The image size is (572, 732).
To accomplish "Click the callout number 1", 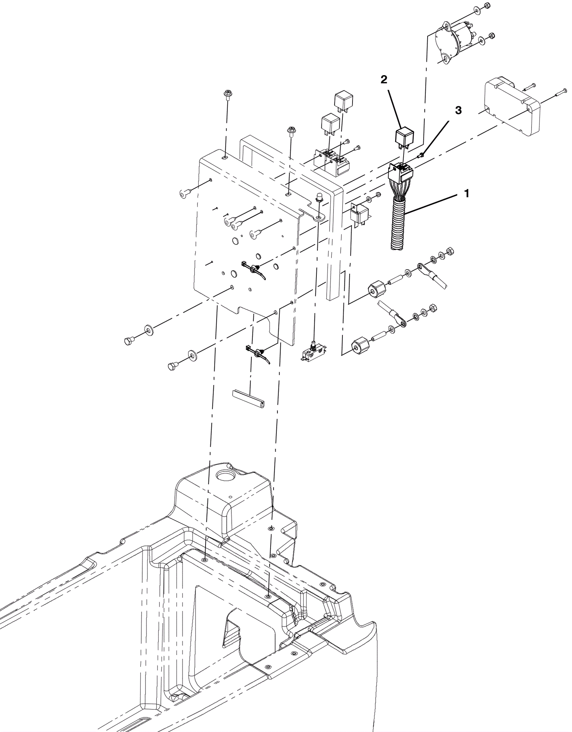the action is click(x=467, y=194).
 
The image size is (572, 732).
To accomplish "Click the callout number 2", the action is click(x=384, y=79).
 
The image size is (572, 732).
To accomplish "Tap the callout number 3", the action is click(x=458, y=110).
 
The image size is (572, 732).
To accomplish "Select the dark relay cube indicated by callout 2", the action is click(x=404, y=137).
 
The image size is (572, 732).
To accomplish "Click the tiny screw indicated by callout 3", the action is click(x=422, y=155).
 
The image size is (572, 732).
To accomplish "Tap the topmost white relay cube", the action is click(x=343, y=101).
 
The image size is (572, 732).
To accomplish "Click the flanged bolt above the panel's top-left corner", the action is click(x=227, y=94).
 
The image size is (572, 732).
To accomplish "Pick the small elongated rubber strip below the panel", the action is click(x=248, y=399).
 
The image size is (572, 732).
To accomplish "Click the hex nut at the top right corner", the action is click(x=487, y=5).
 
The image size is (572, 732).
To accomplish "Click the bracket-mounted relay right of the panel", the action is click(x=360, y=214).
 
